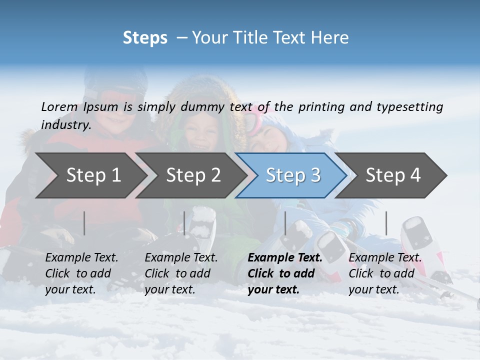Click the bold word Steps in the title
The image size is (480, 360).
tap(145, 38)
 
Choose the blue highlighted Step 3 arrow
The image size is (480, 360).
tap(293, 175)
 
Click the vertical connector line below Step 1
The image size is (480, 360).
tap(84, 223)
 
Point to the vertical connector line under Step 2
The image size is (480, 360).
tap(184, 223)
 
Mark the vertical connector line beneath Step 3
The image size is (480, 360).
tap(285, 223)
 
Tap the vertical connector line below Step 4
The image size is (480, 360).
tap(386, 223)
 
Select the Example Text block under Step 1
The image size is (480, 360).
tap(81, 273)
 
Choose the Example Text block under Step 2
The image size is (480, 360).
tap(181, 273)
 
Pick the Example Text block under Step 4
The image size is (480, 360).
tap(385, 273)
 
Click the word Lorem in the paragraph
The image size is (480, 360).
tap(59, 107)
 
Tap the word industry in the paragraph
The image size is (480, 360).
tap(65, 124)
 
